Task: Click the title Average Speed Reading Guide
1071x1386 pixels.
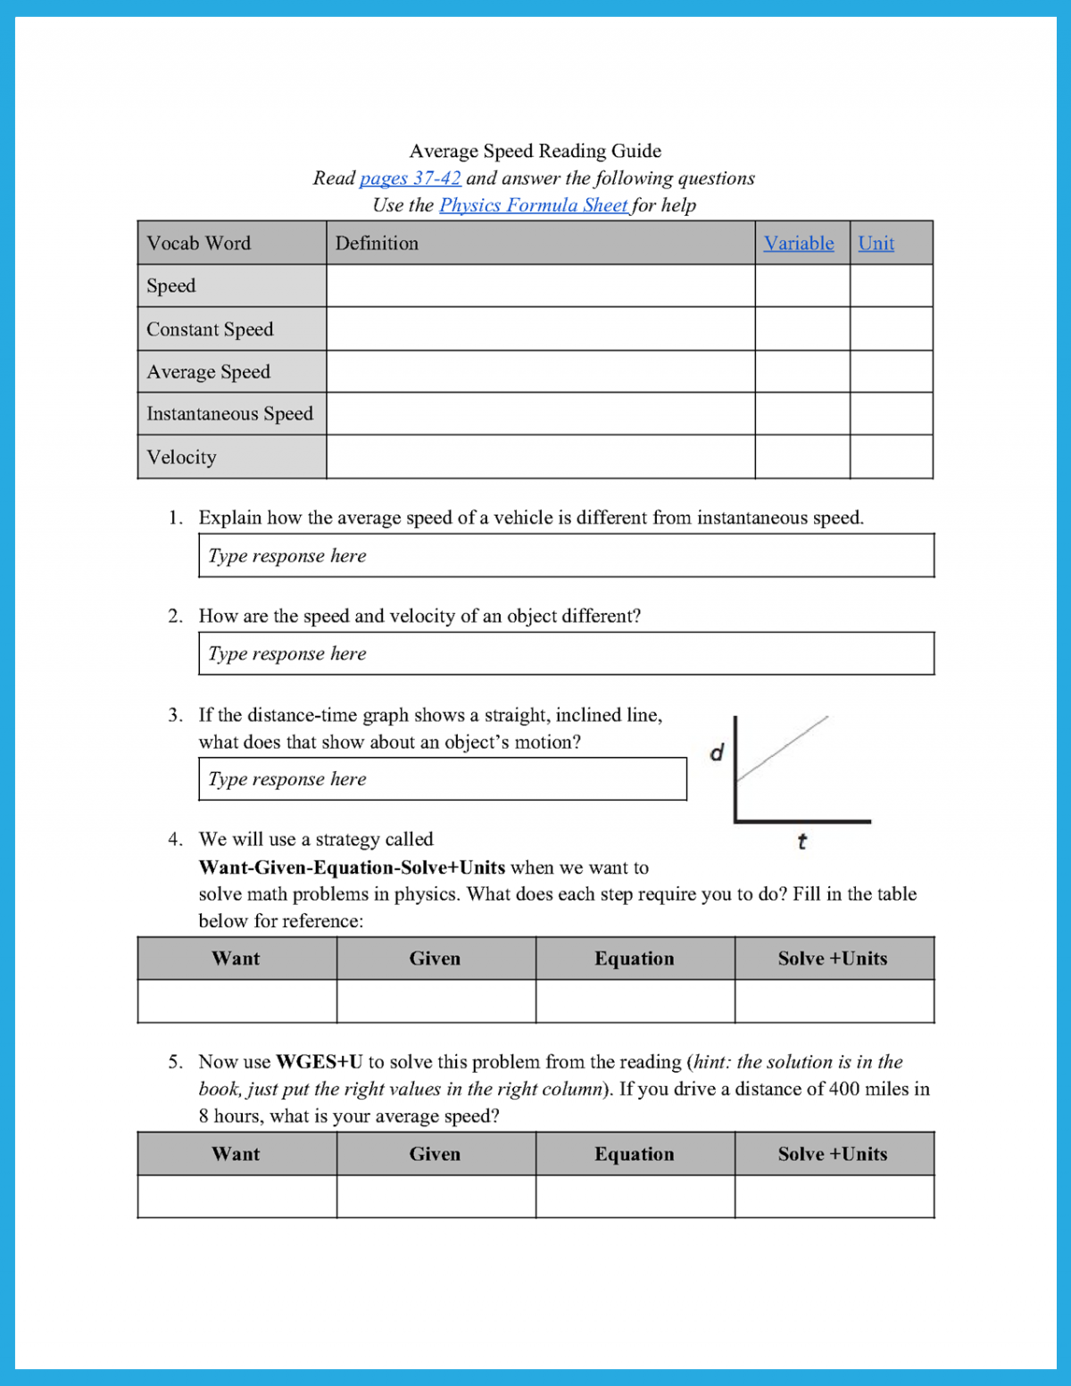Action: [x=535, y=151]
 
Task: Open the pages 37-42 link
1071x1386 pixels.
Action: [x=410, y=178]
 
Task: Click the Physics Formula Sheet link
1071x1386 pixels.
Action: [x=534, y=205]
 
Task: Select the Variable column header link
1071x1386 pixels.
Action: [x=799, y=244]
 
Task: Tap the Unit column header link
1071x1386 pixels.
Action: [x=876, y=244]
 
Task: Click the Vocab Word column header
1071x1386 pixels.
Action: [x=199, y=244]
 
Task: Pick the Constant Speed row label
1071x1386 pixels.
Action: [x=210, y=329]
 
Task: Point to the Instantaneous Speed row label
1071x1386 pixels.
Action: [x=229, y=414]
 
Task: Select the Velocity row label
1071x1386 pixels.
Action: [x=181, y=457]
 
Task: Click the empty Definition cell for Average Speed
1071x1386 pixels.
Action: [x=540, y=371]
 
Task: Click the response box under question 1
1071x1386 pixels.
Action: [x=566, y=556]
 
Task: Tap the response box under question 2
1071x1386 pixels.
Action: [x=566, y=654]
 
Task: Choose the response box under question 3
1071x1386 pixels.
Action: [x=442, y=779]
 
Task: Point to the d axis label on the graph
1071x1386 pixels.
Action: [x=717, y=753]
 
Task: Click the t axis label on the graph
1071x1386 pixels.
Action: [x=801, y=842]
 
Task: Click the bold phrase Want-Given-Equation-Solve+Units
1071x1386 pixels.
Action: [x=352, y=867]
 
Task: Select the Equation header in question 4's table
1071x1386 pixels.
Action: [x=635, y=959]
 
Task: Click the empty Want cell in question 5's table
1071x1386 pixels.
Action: [x=237, y=1197]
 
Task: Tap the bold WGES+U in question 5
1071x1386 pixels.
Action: [x=319, y=1062]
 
